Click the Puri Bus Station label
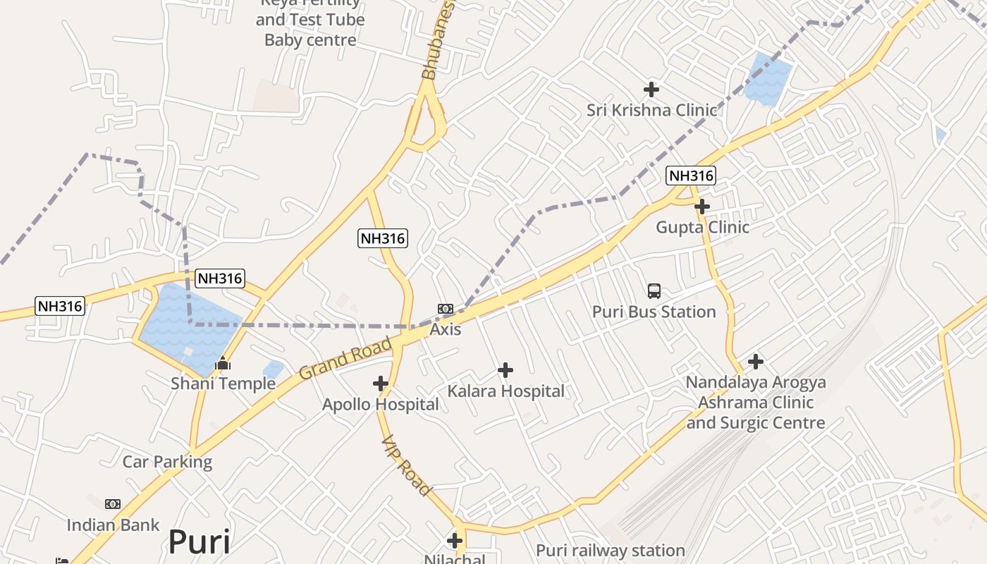coord(654,312)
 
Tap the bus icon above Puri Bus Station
coord(654,290)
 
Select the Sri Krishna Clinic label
coord(651,110)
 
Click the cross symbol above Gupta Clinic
coord(702,207)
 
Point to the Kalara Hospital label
coord(505,391)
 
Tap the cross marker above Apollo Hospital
coord(381,384)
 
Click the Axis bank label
coord(445,329)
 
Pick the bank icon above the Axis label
coord(445,309)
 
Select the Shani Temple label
coord(223,384)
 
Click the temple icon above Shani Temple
coord(223,364)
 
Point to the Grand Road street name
coord(345,358)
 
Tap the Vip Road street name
coord(406,465)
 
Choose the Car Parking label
coord(167,462)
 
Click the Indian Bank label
coord(113,525)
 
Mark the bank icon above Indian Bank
coord(113,504)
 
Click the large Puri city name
coord(199,542)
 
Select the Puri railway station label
coord(610,551)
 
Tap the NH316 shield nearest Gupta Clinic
coord(691,176)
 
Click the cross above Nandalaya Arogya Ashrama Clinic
coord(756,362)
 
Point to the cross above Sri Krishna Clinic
coord(651,90)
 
